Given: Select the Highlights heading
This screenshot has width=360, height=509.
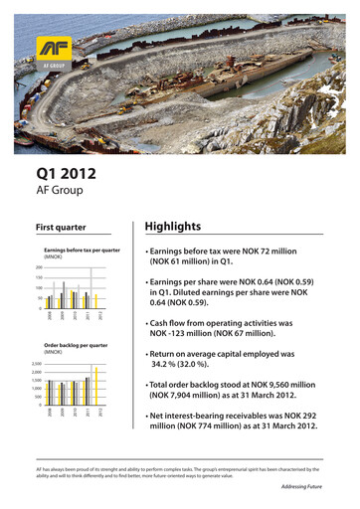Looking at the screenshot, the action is click(173, 227).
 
